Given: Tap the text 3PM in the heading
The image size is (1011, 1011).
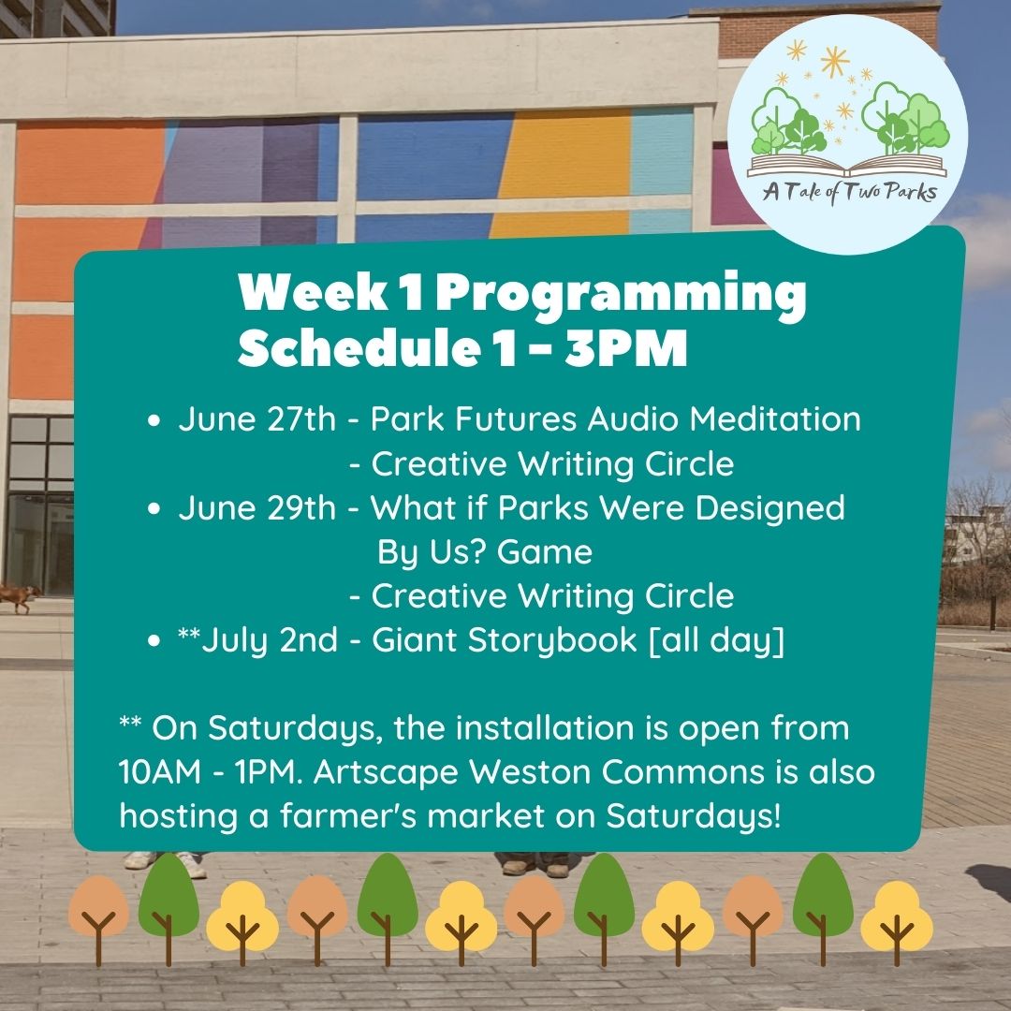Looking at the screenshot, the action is point(626,348).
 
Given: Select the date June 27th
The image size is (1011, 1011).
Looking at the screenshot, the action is point(257,419).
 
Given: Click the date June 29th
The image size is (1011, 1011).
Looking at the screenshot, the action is point(257,508).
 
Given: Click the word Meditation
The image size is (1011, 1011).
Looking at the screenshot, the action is point(776,419).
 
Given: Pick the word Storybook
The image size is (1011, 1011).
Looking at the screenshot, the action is point(552,641).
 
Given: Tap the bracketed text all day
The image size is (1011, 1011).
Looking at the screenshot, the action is point(716,641).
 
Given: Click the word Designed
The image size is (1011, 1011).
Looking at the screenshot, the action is point(769,508).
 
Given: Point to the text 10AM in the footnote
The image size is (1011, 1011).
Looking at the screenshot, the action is point(159,772).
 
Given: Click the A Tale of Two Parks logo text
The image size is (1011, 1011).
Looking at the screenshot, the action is point(849,192).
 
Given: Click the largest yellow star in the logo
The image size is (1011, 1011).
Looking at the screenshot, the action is point(835,62).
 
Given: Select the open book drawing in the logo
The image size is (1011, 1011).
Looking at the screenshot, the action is point(846,165).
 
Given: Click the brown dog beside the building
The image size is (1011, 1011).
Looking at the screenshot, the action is point(20,596).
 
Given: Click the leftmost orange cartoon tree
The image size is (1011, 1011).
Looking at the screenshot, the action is point(98,918).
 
